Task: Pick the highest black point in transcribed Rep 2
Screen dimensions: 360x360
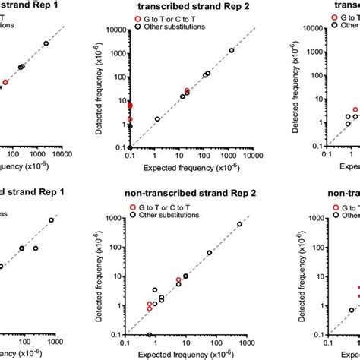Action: pyautogui.click(x=232, y=50)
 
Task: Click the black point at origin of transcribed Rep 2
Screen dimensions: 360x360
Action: pyautogui.click(x=130, y=147)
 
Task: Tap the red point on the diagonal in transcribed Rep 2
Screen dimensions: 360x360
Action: pyautogui.click(x=187, y=91)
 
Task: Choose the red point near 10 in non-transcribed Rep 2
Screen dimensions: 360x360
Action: pyautogui.click(x=179, y=280)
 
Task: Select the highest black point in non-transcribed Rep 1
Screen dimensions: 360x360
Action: pyautogui.click(x=52, y=220)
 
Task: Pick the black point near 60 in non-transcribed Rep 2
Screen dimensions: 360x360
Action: pyautogui.click(x=210, y=253)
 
